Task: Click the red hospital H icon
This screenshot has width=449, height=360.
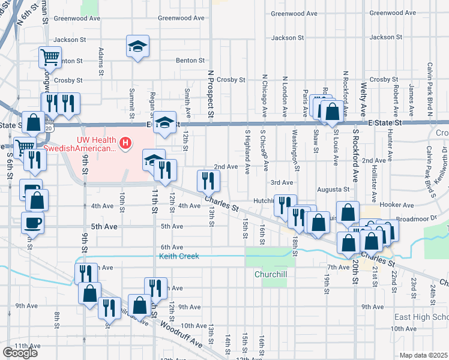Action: pyautogui.click(x=125, y=143)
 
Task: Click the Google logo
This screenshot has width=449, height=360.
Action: pyautogui.click(x=19, y=352)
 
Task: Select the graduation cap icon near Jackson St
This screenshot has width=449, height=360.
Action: pyautogui.click(x=137, y=46)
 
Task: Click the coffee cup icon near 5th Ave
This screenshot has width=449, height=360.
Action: pyautogui.click(x=32, y=223)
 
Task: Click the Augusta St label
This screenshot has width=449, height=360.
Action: pyautogui.click(x=334, y=190)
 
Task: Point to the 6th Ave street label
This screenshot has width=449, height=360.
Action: pyautogui.click(x=172, y=247)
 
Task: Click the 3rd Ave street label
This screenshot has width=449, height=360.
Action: pyautogui.click(x=282, y=182)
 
